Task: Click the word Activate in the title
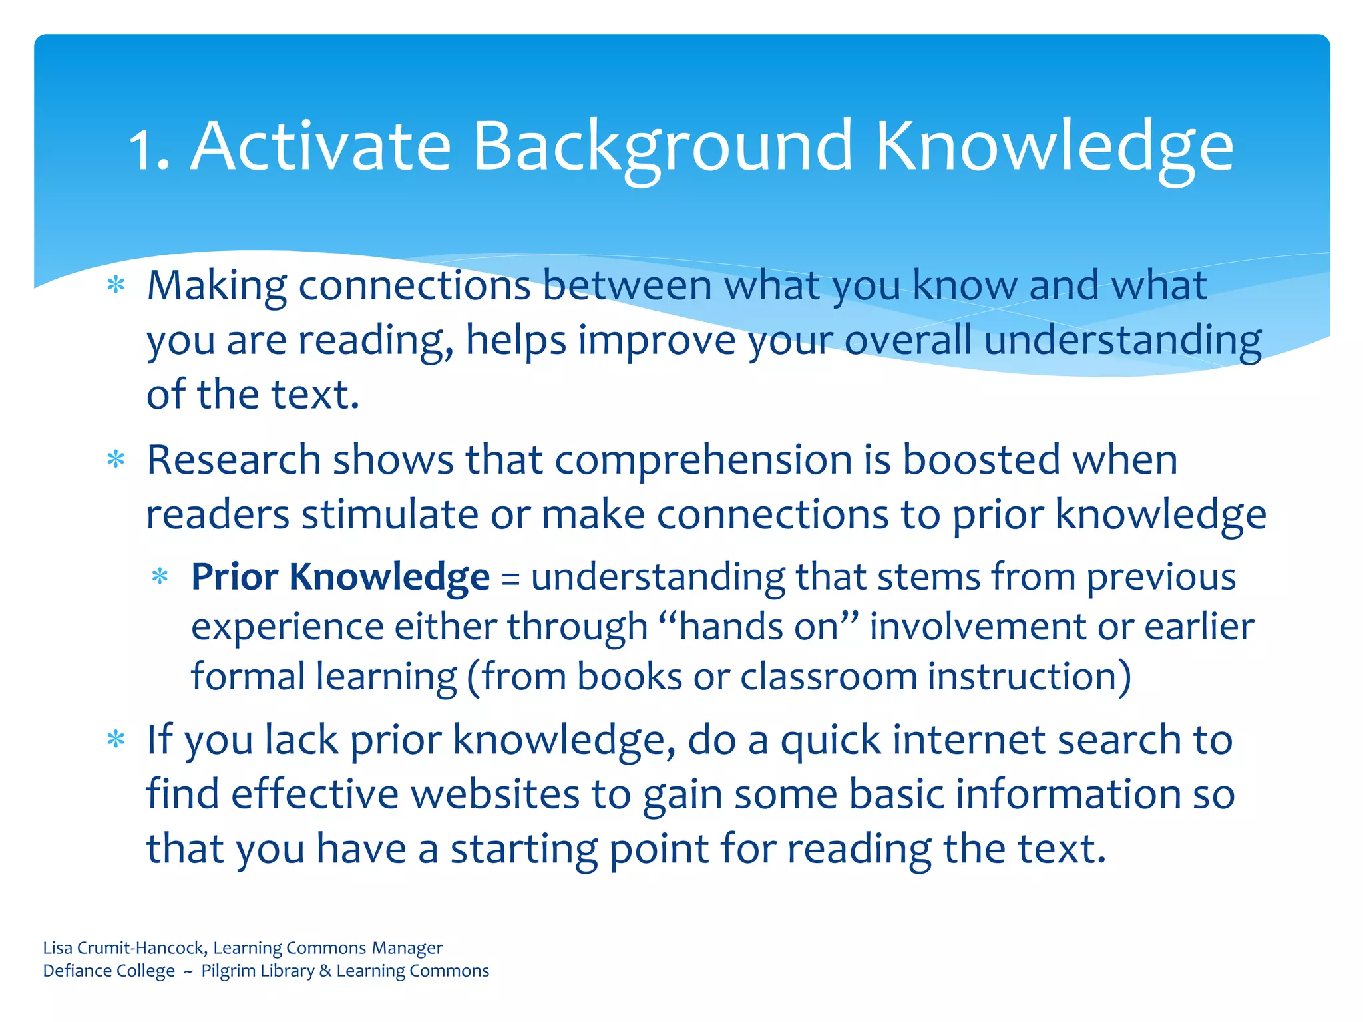321,146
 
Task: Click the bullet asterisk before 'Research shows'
116,460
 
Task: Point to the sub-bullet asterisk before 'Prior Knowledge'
160,576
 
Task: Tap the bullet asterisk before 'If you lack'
116,740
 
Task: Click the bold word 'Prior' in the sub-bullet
234,576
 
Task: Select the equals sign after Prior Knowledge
510,578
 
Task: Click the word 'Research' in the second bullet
234,460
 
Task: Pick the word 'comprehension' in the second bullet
703,461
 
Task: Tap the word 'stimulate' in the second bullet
389,515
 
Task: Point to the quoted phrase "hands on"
758,627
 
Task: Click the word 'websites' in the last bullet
495,794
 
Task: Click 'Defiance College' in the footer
108,971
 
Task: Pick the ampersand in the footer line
325,971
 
